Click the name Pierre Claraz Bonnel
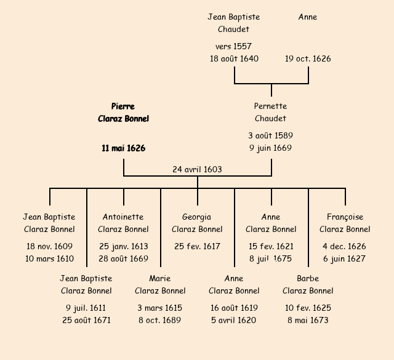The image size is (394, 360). pos(123,113)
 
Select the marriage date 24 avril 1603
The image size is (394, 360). pos(197,169)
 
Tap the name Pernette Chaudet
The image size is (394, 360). pos(271,113)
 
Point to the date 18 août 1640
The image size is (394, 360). pos(234,59)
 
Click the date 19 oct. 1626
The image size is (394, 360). pos(308,59)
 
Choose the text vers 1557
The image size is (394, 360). pos(234,46)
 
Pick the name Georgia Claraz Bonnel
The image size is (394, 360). pos(197,223)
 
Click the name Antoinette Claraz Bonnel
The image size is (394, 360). pos(123,223)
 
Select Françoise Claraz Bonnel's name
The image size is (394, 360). pos(345,223)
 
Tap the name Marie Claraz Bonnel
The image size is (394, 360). pos(160,285)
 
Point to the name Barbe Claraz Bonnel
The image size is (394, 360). pos(308,285)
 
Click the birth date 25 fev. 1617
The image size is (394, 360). pos(197,246)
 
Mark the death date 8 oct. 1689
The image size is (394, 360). pos(160,320)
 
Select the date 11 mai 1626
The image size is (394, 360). pos(123,148)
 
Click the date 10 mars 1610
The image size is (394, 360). pos(49,259)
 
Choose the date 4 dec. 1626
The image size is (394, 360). pos(345,246)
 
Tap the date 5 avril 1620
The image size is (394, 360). pos(234,320)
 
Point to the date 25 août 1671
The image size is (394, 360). pos(86,320)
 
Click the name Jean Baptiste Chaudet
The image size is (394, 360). pos(234,23)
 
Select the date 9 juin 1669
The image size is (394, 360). pos(271,148)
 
